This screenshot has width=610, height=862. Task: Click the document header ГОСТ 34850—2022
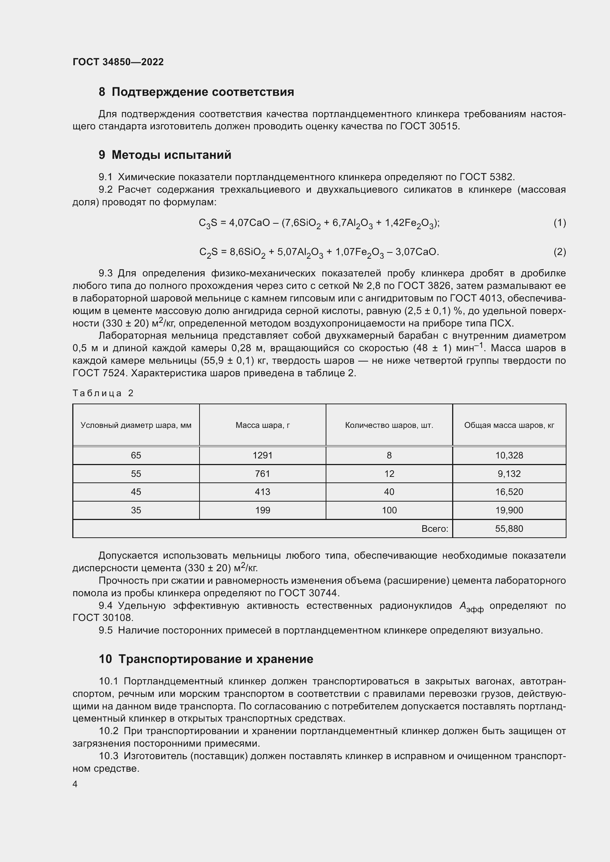pos(118,62)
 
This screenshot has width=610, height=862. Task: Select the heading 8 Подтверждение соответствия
pos(196,92)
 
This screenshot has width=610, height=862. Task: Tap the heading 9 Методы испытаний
pos(165,155)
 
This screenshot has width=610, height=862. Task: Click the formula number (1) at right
pos(559,223)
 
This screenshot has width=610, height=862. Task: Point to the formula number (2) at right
pos(559,252)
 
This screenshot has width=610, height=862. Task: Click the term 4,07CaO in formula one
pos(249,223)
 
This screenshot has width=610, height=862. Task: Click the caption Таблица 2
pos(103,393)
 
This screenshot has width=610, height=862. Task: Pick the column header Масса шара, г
pos(263,425)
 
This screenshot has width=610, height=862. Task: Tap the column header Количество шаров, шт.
pos(389,425)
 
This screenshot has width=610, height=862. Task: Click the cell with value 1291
pos(263,456)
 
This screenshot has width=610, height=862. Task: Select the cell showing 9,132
pos(509,474)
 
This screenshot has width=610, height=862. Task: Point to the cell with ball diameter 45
pos(136,492)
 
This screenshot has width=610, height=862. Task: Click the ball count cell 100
pos(389,510)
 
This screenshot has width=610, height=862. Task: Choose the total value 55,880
pos(509,528)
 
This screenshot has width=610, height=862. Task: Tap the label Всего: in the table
pos(434,528)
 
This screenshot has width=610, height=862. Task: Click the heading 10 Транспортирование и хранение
pos(206,659)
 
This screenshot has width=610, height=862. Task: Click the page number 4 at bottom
pos(75,784)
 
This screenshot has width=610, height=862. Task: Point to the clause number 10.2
pos(108,731)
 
